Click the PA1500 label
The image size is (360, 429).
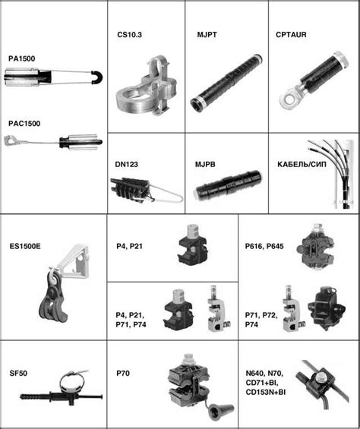tap(21, 58)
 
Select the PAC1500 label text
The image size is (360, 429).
tap(24, 124)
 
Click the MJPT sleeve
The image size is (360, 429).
tap(226, 82)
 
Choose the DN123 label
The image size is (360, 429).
tap(126, 165)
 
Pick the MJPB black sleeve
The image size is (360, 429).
tap(228, 183)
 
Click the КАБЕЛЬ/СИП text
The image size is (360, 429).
tap(302, 165)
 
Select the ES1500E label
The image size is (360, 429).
tap(25, 246)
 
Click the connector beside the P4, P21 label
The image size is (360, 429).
tap(192, 244)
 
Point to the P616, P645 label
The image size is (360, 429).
tap(264, 246)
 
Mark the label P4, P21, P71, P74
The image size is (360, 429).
tap(131, 320)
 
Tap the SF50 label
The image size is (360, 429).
tap(18, 373)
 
